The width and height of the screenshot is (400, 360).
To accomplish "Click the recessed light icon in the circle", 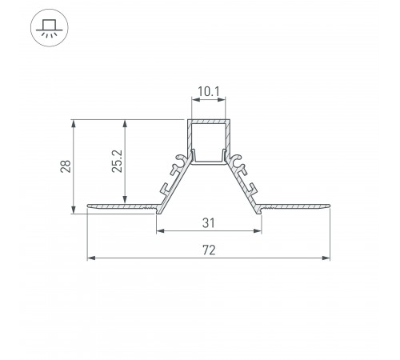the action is pyautogui.click(x=50, y=28).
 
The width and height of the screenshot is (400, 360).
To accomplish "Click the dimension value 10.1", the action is pyautogui.click(x=209, y=92).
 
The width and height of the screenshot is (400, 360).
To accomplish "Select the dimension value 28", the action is pyautogui.click(x=66, y=166).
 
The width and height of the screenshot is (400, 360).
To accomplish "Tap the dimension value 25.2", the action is pyautogui.click(x=117, y=161).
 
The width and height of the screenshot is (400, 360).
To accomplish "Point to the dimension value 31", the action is pyautogui.click(x=208, y=223).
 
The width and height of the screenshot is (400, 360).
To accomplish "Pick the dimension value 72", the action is pyautogui.click(x=209, y=250).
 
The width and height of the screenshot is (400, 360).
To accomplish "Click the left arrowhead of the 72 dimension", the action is pyautogui.click(x=91, y=258).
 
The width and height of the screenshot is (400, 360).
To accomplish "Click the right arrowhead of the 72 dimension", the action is pyautogui.click(x=326, y=258).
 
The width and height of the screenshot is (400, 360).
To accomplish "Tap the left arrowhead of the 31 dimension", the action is pyautogui.click(x=160, y=230).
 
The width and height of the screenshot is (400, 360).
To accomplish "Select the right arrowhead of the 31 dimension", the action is pyautogui.click(x=258, y=230).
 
